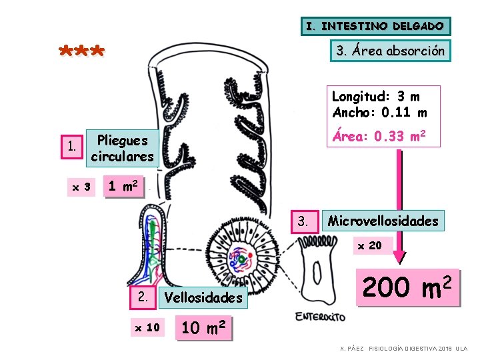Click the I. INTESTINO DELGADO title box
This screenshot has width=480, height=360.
click(x=375, y=26)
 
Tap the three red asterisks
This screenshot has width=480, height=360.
click(x=81, y=52)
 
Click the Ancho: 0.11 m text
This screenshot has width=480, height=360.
click(x=379, y=112)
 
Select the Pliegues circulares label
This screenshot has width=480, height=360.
click(x=122, y=148)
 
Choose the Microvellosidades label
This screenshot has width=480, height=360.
click(x=383, y=221)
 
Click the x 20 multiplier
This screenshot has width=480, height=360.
click(x=369, y=245)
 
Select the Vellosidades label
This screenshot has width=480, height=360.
click(x=203, y=297)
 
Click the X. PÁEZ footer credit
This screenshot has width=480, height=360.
click(x=404, y=349)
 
